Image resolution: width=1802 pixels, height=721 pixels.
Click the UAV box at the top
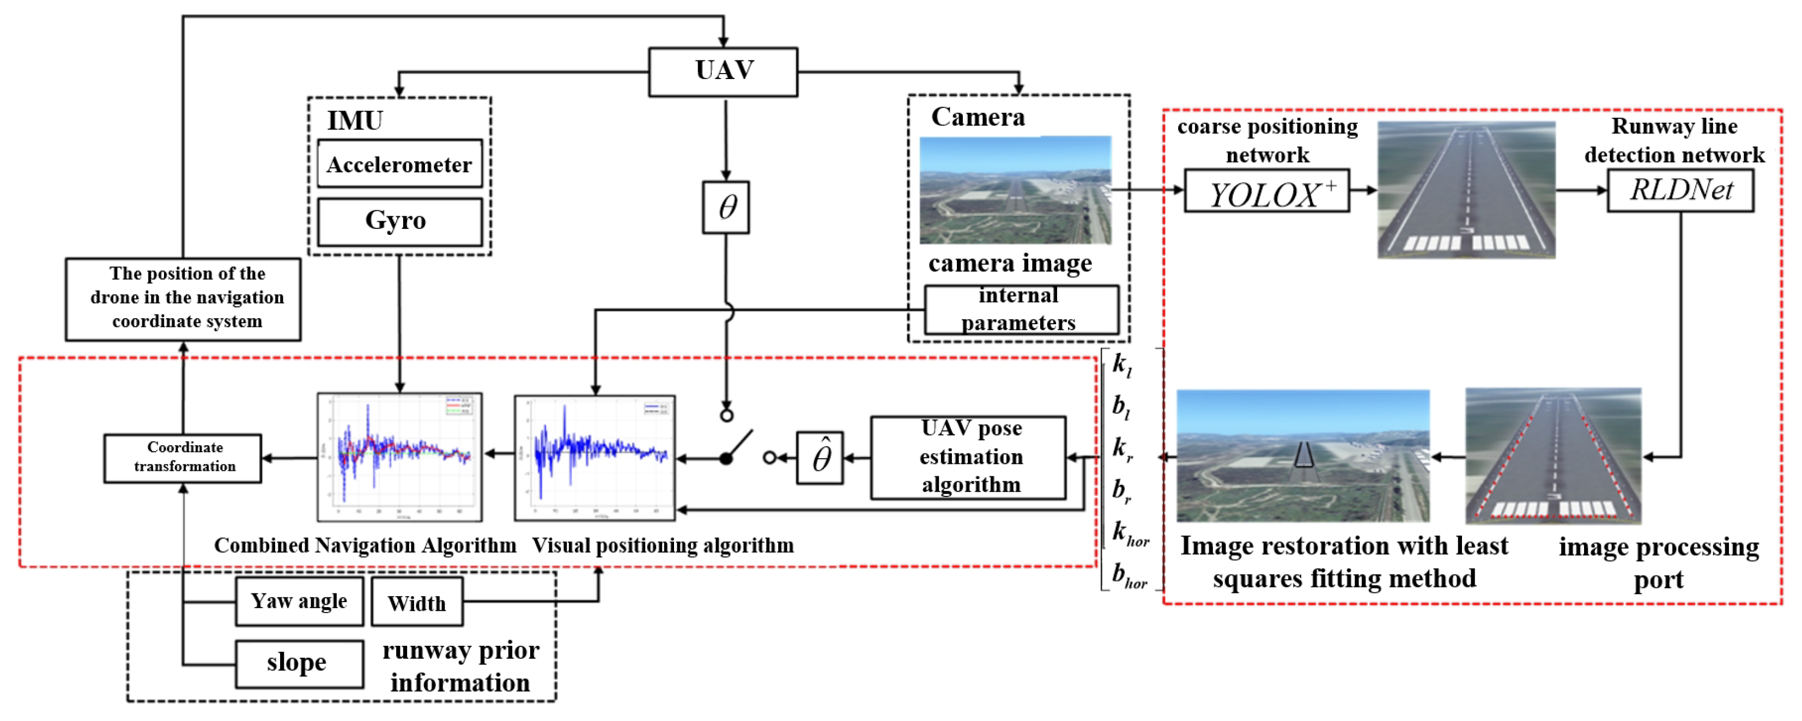(x=723, y=71)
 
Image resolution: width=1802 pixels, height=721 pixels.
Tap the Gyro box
(x=399, y=221)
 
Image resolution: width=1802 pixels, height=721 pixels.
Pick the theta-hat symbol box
(x=820, y=458)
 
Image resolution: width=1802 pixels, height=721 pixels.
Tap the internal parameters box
(x=1021, y=309)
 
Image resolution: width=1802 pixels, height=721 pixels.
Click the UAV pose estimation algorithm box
(x=968, y=457)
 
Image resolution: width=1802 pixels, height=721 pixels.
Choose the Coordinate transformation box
(x=183, y=458)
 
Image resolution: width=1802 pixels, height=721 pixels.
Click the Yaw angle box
(x=299, y=602)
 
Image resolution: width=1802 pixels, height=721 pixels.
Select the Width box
(x=417, y=603)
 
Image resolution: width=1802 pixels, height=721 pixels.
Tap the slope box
(x=299, y=663)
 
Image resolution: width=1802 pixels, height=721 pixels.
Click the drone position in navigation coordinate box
(x=183, y=299)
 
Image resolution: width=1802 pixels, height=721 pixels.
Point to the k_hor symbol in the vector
(x=1130, y=534)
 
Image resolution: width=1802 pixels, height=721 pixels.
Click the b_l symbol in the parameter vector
(x=1121, y=407)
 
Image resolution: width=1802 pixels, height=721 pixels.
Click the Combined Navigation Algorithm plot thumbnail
(x=399, y=457)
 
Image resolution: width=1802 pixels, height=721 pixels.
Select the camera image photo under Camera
(x=1015, y=190)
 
